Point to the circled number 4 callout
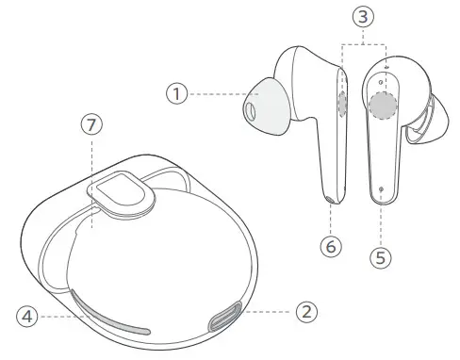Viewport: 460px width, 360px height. pos(28,317)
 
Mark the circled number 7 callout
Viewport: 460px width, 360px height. pos(90,126)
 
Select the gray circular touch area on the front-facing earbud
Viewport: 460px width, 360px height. pos(382,108)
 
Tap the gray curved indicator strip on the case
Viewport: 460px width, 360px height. pos(108,316)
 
